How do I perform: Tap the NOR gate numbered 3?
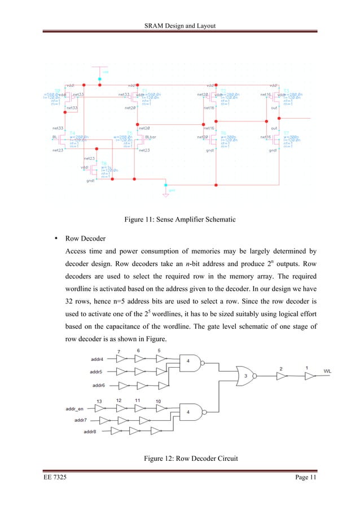click(x=246, y=375)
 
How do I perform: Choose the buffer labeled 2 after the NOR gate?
click(x=280, y=375)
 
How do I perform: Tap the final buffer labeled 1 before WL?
click(x=306, y=375)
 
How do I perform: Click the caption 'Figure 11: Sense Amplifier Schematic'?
click(x=180, y=219)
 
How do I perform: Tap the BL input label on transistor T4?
click(x=56, y=137)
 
